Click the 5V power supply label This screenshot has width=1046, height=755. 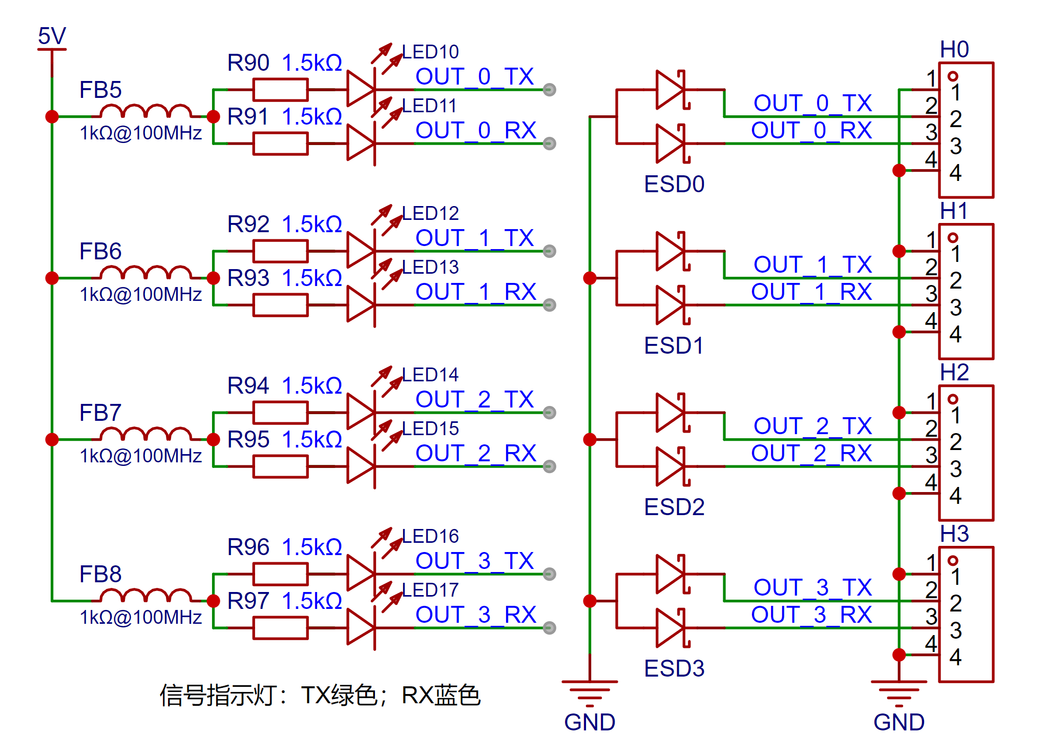pyautogui.click(x=52, y=36)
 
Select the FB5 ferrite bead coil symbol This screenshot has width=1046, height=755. pyautogui.click(x=145, y=111)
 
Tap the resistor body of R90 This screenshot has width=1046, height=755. pyautogui.click(x=280, y=90)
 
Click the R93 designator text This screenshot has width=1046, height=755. pyautogui.click(x=248, y=278)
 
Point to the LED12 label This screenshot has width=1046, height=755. pyautogui.click(x=430, y=213)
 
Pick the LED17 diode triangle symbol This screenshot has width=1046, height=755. pyautogui.click(x=361, y=628)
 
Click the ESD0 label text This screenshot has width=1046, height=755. pyautogui.click(x=674, y=184)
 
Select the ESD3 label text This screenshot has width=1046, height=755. pyautogui.click(x=674, y=668)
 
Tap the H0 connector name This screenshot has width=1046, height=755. pyautogui.click(x=954, y=49)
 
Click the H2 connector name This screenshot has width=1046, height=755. pyautogui.click(x=954, y=372)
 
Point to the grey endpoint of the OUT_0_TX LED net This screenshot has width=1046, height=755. pyautogui.click(x=549, y=90)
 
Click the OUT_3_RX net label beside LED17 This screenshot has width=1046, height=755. pyautogui.click(x=476, y=615)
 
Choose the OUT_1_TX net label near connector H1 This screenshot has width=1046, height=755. pyautogui.click(x=812, y=264)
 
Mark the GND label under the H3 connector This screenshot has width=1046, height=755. pyautogui.click(x=899, y=722)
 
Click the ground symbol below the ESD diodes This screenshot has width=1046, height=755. pyautogui.click(x=590, y=689)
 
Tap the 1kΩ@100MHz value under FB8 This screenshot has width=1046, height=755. pyautogui.click(x=141, y=617)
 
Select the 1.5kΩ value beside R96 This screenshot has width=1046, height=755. pyautogui.click(x=312, y=547)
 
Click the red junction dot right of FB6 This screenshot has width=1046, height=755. pyautogui.click(x=213, y=278)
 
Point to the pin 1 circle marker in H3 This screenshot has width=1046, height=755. pyautogui.click(x=953, y=560)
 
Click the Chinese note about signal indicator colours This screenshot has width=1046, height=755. pyautogui.click(x=320, y=696)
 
